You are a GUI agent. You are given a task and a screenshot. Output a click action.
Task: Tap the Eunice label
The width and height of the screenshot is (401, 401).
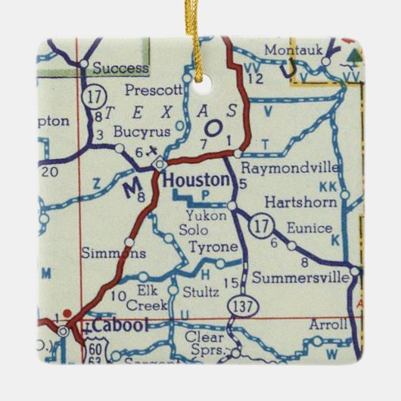click(x=309, y=228)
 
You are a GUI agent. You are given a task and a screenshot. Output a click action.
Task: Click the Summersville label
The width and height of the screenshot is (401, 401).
click(x=300, y=278)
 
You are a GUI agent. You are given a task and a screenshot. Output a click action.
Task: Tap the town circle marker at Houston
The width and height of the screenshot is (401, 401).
click(x=160, y=163)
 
